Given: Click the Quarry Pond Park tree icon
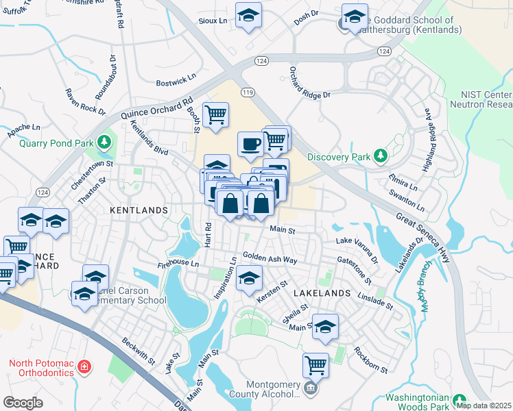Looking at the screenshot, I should (104, 142).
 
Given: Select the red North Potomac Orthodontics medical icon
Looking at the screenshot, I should (84, 366).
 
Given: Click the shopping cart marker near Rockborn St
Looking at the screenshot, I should (315, 364).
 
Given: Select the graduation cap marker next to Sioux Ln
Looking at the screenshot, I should (248, 16).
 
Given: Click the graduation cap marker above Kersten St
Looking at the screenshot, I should (248, 279).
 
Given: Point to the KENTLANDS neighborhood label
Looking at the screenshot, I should (139, 210).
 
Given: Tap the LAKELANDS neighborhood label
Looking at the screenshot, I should (322, 292).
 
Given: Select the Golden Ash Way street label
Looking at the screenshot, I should (270, 258).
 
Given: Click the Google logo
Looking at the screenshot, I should (23, 403).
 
